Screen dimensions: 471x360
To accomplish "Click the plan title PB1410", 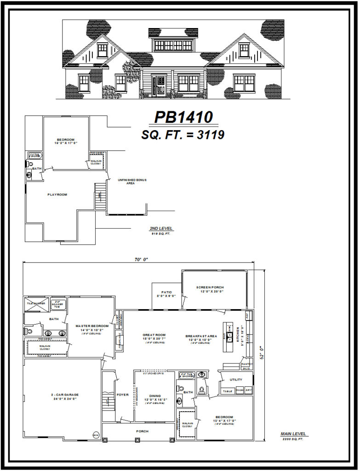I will pos(183,118).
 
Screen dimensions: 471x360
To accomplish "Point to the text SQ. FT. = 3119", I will pos(182,135).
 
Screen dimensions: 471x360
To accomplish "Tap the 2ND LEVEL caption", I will pos(161,229).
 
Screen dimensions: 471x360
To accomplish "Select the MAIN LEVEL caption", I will pos(294,434).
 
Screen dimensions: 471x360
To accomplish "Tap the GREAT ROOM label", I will pos(154,335).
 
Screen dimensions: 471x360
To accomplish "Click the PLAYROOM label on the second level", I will pos(57,195).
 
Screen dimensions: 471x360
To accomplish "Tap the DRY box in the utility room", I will pos(249,391).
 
